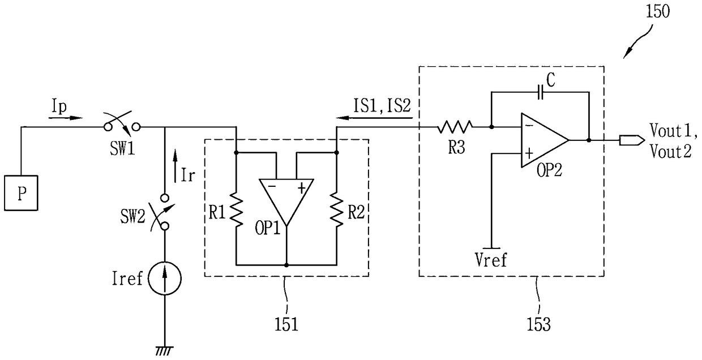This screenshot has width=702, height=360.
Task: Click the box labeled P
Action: point(21,193)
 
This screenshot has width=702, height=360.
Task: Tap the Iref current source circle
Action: point(165,278)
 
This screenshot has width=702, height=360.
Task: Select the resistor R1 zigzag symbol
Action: point(236,209)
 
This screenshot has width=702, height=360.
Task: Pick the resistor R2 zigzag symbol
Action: point(336,209)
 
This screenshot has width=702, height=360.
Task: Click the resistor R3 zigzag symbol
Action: point(455,127)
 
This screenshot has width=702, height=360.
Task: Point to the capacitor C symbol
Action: point(540,92)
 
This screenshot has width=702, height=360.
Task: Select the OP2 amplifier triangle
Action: point(545,140)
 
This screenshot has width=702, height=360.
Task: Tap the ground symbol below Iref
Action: point(164,350)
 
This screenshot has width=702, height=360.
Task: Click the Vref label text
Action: point(491,260)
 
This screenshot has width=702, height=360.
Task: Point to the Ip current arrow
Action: point(66,118)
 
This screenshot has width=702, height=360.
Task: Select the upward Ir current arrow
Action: point(175,166)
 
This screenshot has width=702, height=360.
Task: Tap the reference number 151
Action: point(286,324)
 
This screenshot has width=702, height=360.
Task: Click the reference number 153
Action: point(538,324)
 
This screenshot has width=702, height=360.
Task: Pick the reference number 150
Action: point(658,11)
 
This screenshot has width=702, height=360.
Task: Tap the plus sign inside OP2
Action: point(529,153)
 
